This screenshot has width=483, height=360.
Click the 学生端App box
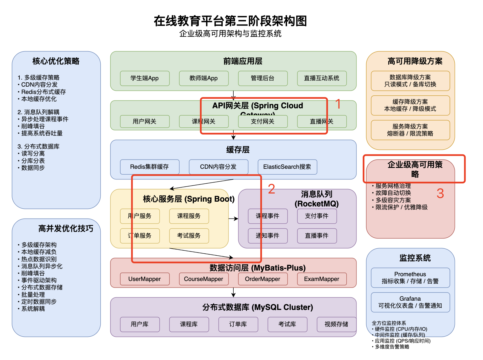[x=145, y=78]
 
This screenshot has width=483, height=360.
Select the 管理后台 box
[x=263, y=78]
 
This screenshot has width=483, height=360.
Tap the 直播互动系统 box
[x=322, y=78]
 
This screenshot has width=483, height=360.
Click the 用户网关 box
[x=145, y=121]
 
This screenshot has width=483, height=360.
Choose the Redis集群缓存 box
[x=150, y=167]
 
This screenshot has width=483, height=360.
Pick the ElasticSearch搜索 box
[x=287, y=167]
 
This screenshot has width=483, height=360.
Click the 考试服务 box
[x=189, y=236]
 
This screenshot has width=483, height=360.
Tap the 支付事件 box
[x=317, y=216]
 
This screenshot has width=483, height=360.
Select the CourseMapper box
[x=204, y=279]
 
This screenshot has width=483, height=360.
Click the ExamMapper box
[x=322, y=279]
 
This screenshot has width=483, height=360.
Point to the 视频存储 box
[x=337, y=324]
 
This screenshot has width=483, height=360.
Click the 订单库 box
[x=238, y=324]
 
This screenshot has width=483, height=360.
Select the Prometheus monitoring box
[x=410, y=278]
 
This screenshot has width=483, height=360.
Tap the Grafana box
[x=410, y=302]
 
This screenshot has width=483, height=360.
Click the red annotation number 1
[x=338, y=104]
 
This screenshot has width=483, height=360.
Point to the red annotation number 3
[x=440, y=193]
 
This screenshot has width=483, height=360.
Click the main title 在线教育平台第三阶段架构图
[x=230, y=21]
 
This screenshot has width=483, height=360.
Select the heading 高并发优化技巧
[x=66, y=228]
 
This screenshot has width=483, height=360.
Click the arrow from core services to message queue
[x=233, y=219]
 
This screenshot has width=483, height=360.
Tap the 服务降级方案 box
[x=410, y=130]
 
